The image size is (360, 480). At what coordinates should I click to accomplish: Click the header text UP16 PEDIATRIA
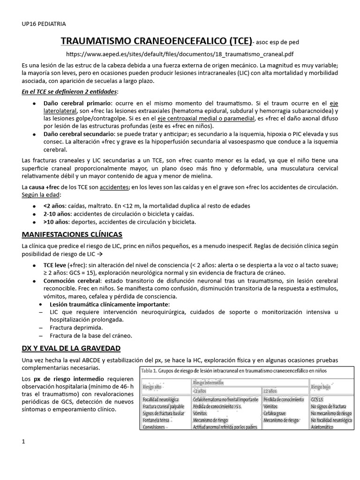click(44, 23)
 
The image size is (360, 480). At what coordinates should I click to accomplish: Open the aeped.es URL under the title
click(180, 54)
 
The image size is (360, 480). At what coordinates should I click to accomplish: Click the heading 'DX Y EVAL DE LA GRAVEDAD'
click(71, 348)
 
